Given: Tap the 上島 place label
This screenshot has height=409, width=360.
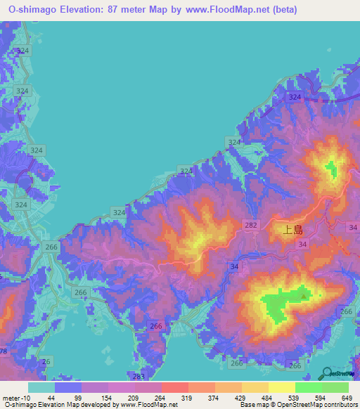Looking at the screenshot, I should click(292, 229).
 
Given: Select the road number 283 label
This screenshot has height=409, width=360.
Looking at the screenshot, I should click(139, 377).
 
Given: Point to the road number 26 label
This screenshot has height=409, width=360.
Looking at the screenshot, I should click(46, 361).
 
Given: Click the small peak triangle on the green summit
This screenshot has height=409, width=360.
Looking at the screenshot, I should click(304, 296).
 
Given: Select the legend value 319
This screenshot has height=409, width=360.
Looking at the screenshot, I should click(187, 398).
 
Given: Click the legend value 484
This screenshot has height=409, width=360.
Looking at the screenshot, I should click(267, 398).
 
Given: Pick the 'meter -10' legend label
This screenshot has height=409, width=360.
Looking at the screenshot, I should click(15, 398).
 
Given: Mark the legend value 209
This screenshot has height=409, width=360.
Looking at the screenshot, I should click(134, 398).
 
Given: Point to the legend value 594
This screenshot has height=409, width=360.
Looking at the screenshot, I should click(321, 398).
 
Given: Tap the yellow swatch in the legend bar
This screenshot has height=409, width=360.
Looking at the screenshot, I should click(281, 387).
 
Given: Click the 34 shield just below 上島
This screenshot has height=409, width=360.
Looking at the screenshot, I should click(302, 243).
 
